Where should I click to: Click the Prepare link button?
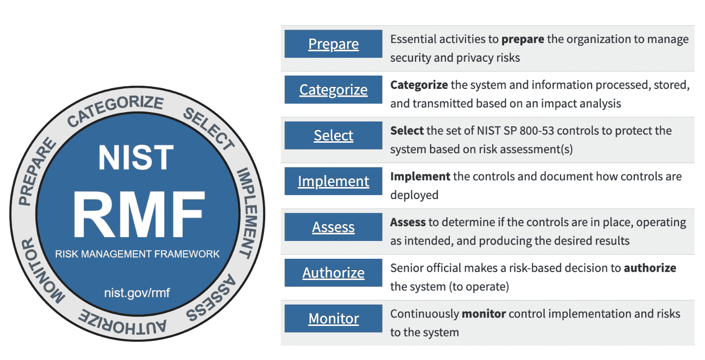pyautogui.click(x=333, y=44)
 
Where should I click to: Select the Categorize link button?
pyautogui.click(x=333, y=90)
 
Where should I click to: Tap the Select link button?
pyautogui.click(x=333, y=135)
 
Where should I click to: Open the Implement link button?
pyautogui.click(x=333, y=181)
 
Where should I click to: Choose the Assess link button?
pyautogui.click(x=333, y=227)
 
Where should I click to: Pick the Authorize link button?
pyautogui.click(x=333, y=273)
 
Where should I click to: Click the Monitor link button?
pyautogui.click(x=333, y=319)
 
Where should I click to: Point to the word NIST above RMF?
pyautogui.click(x=136, y=158)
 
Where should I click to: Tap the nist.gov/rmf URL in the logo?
pyautogui.click(x=137, y=293)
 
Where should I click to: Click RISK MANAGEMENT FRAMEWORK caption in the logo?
pyautogui.click(x=137, y=254)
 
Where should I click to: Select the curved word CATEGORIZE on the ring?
pyautogui.click(x=115, y=110)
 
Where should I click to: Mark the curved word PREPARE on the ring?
pyautogui.click(x=37, y=171)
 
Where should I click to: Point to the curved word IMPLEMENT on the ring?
pyautogui.click(x=248, y=213)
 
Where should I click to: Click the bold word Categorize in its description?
pyautogui.click(x=419, y=85)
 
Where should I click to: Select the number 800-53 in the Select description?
pyautogui.click(x=537, y=130)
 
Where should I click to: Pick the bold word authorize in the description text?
pyautogui.click(x=650, y=268)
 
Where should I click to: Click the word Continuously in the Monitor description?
pyautogui.click(x=425, y=314)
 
